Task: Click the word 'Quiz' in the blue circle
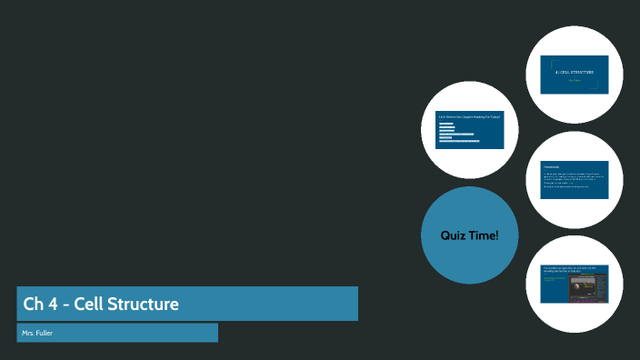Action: (x=455, y=236)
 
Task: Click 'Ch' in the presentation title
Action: (x=33, y=304)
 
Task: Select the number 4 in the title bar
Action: (x=54, y=304)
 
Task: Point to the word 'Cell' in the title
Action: (x=89, y=304)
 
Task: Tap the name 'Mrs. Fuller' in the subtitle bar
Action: (x=37, y=334)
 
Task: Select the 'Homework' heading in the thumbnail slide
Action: (x=553, y=166)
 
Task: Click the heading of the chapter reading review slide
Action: (x=469, y=117)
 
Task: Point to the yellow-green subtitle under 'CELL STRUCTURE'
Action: (x=575, y=80)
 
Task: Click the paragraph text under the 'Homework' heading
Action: (x=573, y=178)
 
